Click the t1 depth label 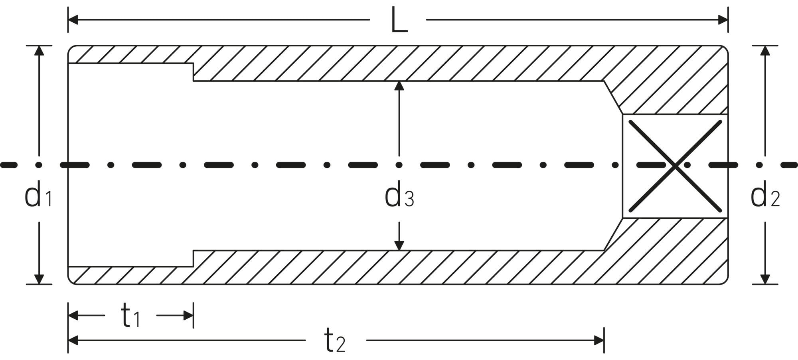[x=130, y=315]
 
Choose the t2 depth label [x=335, y=340]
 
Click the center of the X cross [x=675, y=166]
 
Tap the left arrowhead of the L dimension [x=73, y=20]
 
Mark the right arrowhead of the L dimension [x=723, y=20]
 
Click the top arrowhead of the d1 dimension [x=39, y=50]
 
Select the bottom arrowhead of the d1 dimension [x=39, y=279]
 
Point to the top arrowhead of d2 [x=765, y=50]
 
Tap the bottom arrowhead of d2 [x=765, y=279]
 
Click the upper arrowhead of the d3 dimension [x=399, y=86]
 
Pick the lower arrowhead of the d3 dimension [x=399, y=246]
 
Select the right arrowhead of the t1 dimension [x=188, y=316]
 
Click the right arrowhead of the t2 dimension [x=599, y=340]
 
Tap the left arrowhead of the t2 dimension [x=73, y=340]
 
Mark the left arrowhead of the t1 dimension [x=73, y=316]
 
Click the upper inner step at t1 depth [x=194, y=72]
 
